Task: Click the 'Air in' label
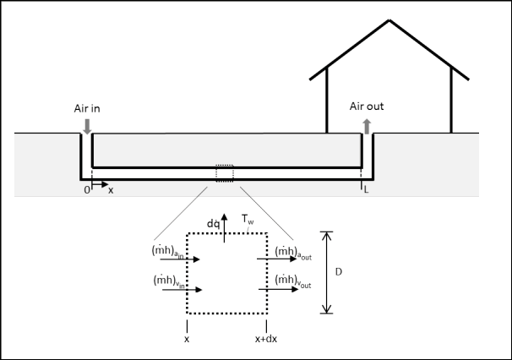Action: point(87,108)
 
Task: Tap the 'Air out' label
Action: point(367,106)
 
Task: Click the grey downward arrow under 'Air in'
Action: point(87,127)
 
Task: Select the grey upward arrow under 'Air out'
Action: point(367,127)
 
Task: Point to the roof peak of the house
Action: point(389,20)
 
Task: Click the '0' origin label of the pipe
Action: point(86,190)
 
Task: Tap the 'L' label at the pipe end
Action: point(366,190)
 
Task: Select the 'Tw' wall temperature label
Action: point(248,219)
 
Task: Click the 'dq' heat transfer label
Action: point(213,224)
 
